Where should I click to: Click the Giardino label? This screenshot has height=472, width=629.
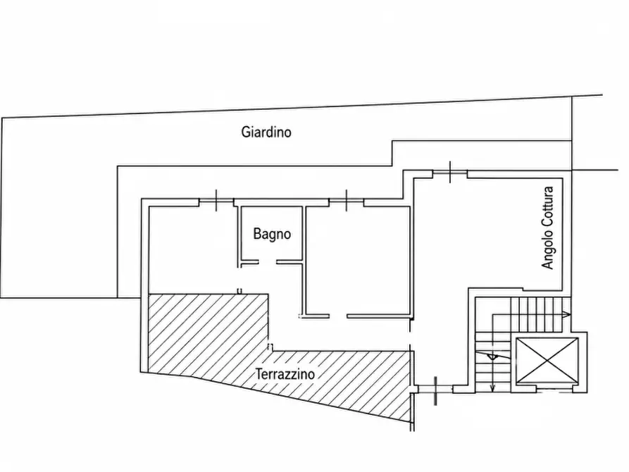[266, 132]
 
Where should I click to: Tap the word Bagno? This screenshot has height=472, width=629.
[272, 234]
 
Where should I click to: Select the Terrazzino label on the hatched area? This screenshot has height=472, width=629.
[285, 374]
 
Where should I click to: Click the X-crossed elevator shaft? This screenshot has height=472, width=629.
[547, 361]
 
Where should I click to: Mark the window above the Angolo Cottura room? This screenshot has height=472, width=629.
[450, 173]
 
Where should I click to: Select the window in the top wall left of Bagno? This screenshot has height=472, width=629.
[217, 202]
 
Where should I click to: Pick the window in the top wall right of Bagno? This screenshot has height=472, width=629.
[347, 202]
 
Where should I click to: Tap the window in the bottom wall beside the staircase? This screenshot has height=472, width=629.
[435, 390]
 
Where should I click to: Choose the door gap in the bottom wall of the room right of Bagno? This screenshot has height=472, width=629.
[338, 316]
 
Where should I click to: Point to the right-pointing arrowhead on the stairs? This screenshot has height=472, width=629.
[566, 314]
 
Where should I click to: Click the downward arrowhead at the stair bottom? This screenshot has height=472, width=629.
[493, 387]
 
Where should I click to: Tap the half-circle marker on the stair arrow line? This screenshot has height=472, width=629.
[492, 356]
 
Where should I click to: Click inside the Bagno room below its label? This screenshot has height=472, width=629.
[272, 251]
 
